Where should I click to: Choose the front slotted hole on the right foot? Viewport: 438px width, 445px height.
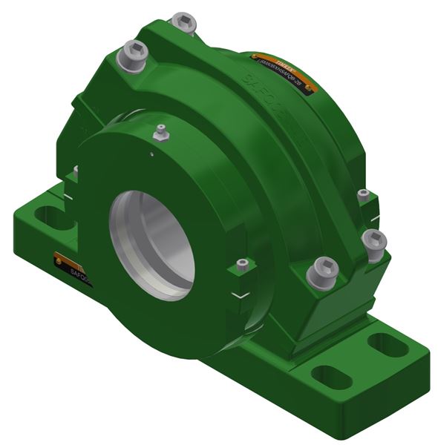pyautogui.click(x=326, y=375)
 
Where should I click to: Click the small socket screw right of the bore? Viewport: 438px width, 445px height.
pyautogui.click(x=241, y=265)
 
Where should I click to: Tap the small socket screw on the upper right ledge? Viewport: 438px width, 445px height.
pyautogui.click(x=363, y=195)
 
